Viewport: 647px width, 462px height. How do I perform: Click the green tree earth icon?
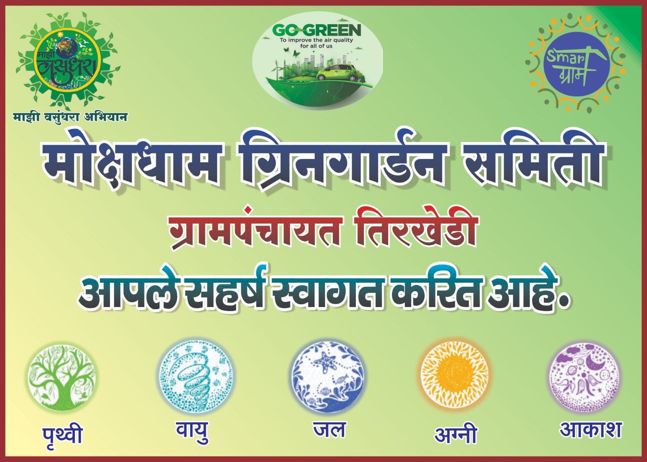pyautogui.click(x=61, y=377)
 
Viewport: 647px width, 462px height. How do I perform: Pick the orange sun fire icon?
pyautogui.click(x=455, y=375)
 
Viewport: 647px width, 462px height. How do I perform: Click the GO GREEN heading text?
pyautogui.click(x=317, y=30)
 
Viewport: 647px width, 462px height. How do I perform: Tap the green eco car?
pyautogui.click(x=336, y=72)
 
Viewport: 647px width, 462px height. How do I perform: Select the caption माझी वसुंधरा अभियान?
pyautogui.click(x=70, y=117)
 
